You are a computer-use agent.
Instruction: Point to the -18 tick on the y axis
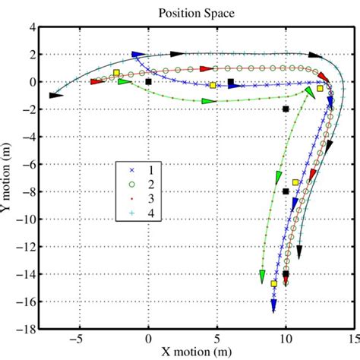(28, 329)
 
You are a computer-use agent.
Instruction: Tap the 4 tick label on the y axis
(33, 27)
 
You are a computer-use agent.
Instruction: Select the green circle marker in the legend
(131, 185)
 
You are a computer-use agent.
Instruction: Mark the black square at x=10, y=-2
(286, 109)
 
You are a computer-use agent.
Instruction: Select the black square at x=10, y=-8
(286, 191)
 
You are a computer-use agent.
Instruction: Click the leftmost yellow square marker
(116, 73)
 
